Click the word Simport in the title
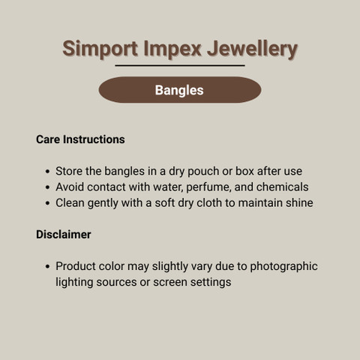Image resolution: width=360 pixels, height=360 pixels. [x=100, y=49]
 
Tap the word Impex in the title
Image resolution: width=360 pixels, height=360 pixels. [x=172, y=49]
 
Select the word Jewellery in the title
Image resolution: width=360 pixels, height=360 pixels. [x=253, y=49]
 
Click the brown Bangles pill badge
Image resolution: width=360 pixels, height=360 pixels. [x=180, y=90]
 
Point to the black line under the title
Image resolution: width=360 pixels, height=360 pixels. [x=180, y=65]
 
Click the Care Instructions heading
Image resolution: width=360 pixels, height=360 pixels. [x=80, y=139]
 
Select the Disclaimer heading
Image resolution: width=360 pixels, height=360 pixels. [x=64, y=235]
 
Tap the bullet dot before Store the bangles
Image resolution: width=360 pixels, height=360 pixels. [x=48, y=172]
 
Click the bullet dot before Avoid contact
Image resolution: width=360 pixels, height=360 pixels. [x=48, y=187]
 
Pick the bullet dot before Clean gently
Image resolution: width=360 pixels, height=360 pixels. [x=48, y=203]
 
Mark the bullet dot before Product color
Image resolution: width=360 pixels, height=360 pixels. [x=48, y=266]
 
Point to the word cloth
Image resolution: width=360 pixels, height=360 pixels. [x=209, y=202]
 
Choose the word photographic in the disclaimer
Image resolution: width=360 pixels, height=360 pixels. [x=283, y=267]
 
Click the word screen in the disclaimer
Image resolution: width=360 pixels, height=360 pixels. [x=170, y=282]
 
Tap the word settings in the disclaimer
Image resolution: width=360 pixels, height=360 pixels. [x=211, y=283]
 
